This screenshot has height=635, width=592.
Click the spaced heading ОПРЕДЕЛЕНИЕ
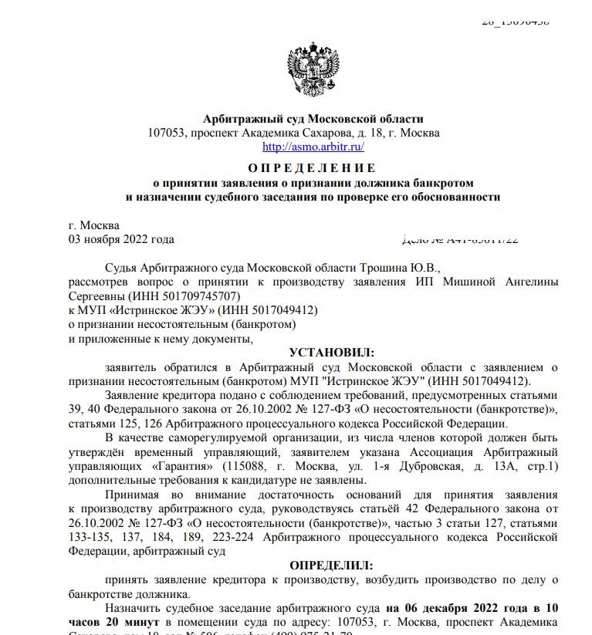(313, 168)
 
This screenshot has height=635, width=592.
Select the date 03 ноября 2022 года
(121, 239)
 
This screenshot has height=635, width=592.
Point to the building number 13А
(502, 467)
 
